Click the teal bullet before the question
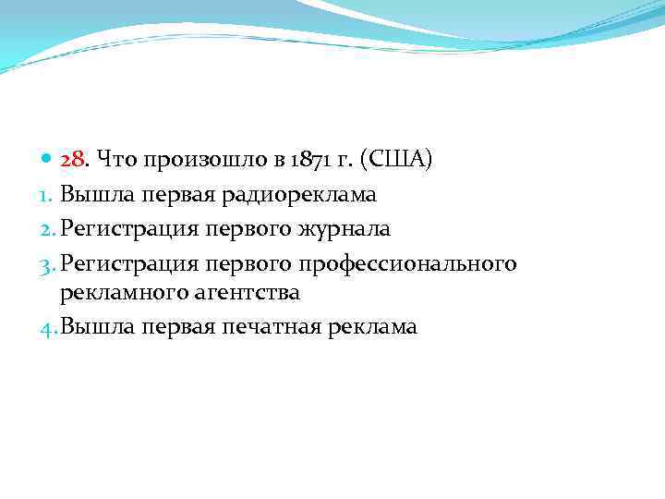point(48,161)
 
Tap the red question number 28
point(72,161)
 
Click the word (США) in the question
point(399,161)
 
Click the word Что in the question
point(115,161)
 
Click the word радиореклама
point(303,194)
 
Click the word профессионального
point(407,264)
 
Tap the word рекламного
point(118,293)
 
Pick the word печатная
point(271,326)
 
